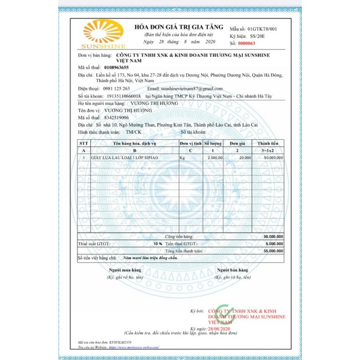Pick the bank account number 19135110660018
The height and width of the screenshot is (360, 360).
[121, 96]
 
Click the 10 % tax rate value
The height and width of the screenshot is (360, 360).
[157, 244]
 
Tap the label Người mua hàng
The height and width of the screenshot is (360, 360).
[125, 270]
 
